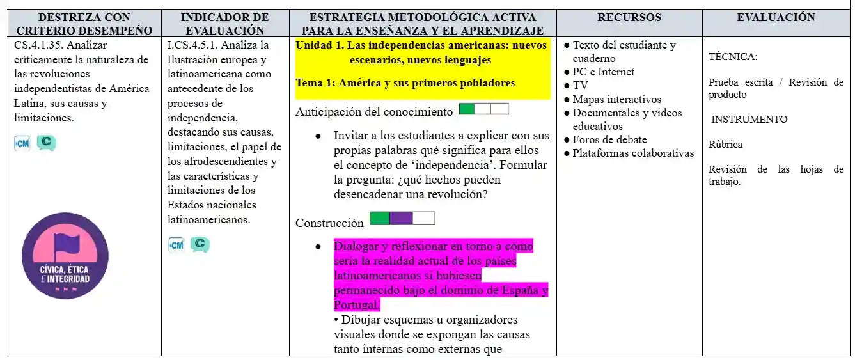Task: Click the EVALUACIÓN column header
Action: pos(776,18)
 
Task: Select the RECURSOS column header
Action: pos(629,18)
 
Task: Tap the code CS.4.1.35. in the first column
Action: pos(39,45)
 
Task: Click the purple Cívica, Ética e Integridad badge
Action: pos(65,256)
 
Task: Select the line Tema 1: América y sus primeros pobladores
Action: pos(405,83)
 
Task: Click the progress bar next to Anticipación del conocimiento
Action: pos(483,109)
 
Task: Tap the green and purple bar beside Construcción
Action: pos(402,219)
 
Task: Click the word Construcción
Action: pos(329,223)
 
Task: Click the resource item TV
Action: pos(580,86)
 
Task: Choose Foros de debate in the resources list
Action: pos(609,139)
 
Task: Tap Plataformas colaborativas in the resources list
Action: pos(633,153)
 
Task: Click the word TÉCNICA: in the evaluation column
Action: pos(733,57)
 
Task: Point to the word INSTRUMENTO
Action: pos(749,120)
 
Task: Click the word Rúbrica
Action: pos(725,145)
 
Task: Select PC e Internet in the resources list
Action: pos(603,72)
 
